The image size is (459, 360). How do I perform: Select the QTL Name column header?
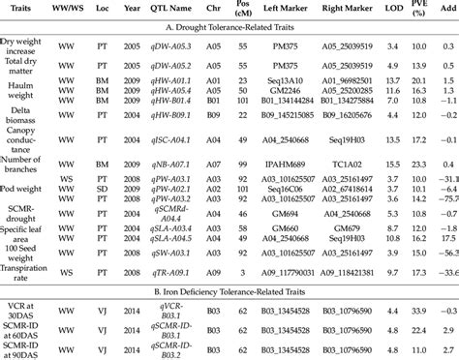tap(175, 13)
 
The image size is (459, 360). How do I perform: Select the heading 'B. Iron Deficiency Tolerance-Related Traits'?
tap(229, 287)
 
